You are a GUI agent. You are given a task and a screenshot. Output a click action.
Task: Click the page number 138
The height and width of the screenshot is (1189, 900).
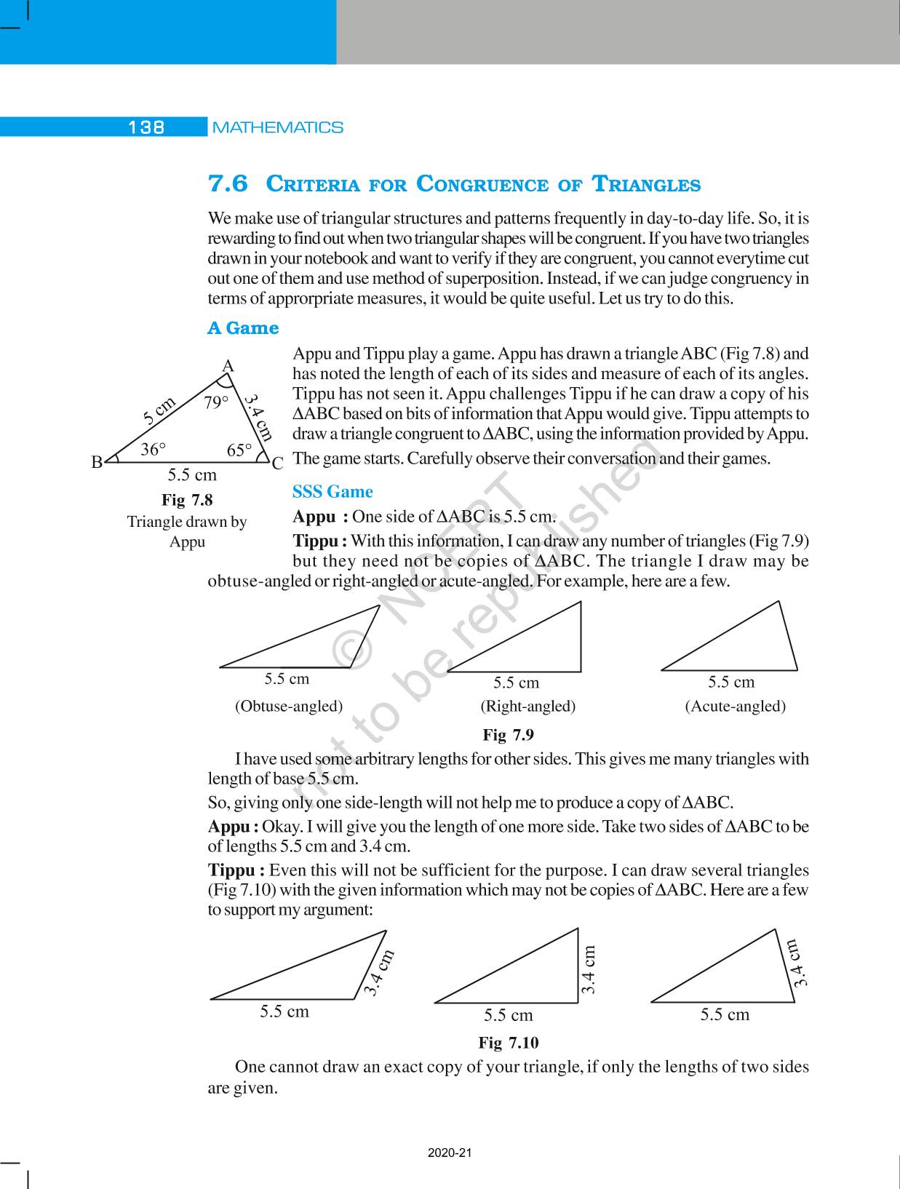[x=146, y=127]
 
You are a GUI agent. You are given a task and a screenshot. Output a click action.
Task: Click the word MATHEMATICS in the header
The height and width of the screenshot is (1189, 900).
[x=278, y=127]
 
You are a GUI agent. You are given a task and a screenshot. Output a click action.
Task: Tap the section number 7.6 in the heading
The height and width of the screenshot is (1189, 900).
[x=228, y=183]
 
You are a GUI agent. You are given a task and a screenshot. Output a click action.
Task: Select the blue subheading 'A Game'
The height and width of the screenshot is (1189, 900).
[x=243, y=328]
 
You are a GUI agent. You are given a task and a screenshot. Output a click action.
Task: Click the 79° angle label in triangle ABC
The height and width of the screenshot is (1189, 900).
[x=216, y=402]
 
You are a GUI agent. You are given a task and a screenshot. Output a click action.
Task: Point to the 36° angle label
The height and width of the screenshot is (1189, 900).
[x=154, y=450]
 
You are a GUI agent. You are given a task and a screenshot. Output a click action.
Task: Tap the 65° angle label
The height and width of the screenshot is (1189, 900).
[x=239, y=450]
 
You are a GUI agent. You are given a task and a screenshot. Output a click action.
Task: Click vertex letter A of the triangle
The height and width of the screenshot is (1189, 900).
[x=228, y=366]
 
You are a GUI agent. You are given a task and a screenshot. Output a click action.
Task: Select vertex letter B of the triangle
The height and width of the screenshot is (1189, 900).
[x=97, y=461]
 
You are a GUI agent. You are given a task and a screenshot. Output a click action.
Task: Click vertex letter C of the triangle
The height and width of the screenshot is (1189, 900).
[x=277, y=463]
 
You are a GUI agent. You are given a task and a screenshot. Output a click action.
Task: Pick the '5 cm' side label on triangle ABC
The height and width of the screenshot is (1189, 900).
[x=159, y=410]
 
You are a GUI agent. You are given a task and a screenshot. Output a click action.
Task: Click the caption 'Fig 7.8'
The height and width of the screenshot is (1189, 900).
[x=187, y=500]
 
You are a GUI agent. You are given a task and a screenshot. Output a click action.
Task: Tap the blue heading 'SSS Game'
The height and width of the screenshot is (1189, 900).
[x=332, y=492]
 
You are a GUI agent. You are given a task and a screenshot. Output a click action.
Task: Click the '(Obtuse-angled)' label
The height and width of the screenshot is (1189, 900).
[x=288, y=706]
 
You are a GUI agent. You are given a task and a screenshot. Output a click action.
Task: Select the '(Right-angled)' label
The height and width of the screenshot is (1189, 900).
[x=527, y=706]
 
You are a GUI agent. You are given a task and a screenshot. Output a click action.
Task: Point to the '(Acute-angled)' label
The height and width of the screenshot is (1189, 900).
[x=735, y=706]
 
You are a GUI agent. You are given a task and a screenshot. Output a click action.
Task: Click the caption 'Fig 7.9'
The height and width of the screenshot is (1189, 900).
[x=508, y=735]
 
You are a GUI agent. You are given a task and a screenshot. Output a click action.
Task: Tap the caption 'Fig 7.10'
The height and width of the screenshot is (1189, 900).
[x=508, y=1043]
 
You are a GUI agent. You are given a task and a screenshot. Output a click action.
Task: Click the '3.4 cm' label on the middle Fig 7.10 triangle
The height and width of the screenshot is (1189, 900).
[x=589, y=969]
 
